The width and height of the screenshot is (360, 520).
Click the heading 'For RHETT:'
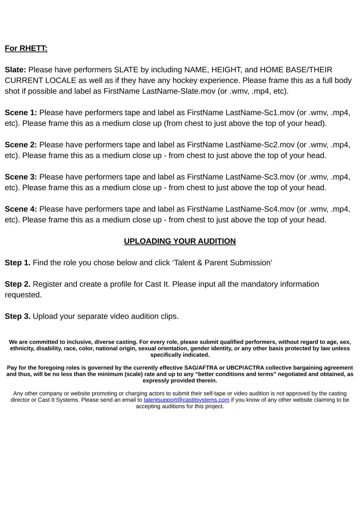click(x=26, y=48)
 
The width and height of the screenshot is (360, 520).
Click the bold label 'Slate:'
click(x=15, y=70)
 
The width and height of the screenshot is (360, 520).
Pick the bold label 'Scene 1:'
click(x=21, y=112)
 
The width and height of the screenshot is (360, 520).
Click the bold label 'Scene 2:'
click(x=21, y=145)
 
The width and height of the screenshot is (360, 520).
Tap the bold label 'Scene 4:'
click(x=21, y=209)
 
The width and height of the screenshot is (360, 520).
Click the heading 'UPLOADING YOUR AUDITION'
click(x=180, y=241)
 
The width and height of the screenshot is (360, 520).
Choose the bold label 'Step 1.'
click(x=18, y=263)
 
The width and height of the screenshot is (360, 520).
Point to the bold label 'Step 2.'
click(x=18, y=284)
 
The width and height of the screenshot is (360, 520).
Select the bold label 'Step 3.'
click(x=18, y=316)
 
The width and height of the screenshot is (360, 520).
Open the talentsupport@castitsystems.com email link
click(x=186, y=400)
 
